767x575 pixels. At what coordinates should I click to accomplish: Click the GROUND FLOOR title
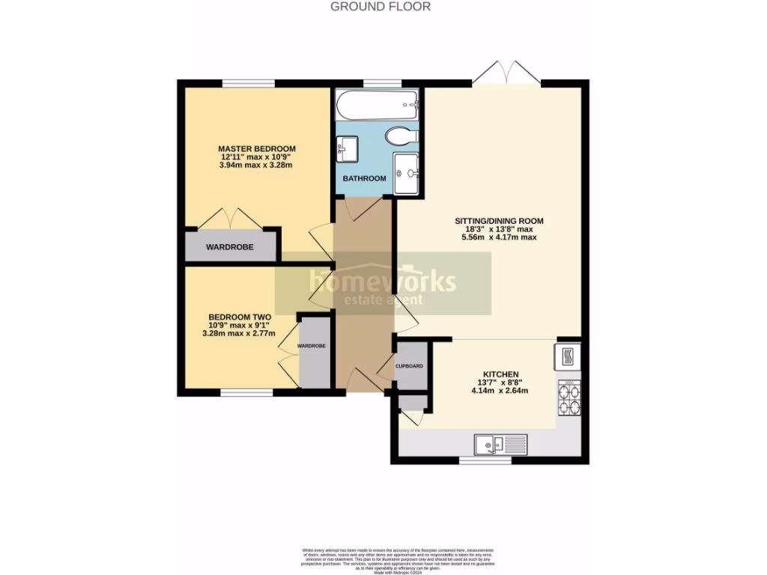381,7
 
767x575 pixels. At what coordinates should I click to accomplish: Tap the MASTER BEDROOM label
256,148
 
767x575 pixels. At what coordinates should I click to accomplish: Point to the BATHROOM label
364,178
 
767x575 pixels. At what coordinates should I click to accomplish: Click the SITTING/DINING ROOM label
499,221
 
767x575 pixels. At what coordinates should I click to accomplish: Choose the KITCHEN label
501,374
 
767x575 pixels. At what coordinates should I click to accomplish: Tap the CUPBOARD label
410,366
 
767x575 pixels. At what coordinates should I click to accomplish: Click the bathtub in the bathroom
377,106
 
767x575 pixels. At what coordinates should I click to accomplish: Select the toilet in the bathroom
398,136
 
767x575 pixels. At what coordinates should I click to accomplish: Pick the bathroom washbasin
348,147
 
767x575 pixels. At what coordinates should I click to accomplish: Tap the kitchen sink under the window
500,445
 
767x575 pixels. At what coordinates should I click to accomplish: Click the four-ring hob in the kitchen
569,398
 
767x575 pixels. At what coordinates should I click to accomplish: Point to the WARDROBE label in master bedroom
229,247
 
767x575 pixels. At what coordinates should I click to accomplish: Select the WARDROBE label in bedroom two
312,346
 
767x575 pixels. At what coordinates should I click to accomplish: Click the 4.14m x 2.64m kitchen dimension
501,390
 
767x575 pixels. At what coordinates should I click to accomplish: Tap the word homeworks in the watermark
382,282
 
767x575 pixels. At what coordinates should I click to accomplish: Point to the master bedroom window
248,82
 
